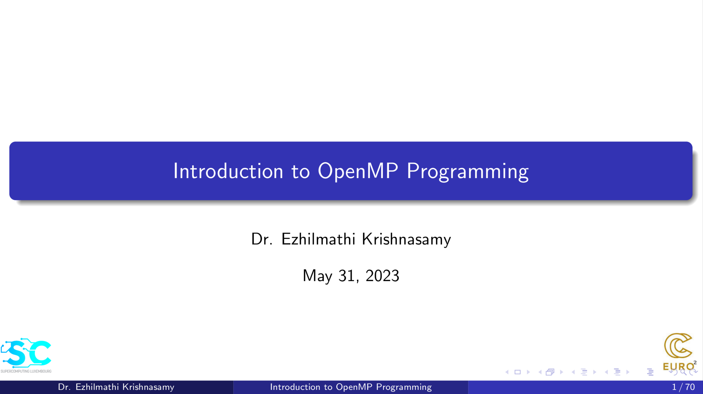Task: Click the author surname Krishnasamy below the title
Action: [406, 239]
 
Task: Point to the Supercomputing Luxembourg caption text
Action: [26, 371]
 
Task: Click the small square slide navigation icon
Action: [517, 372]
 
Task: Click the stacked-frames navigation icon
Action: [550, 372]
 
